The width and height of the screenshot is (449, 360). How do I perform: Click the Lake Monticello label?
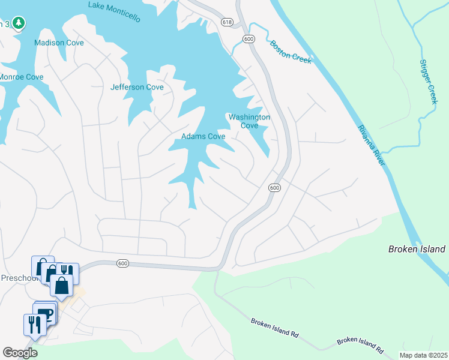click(x=114, y=11)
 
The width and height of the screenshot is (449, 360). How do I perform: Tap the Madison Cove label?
click(x=59, y=43)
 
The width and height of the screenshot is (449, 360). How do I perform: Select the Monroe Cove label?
click(x=21, y=77)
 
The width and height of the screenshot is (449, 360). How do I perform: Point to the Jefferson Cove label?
click(x=137, y=87)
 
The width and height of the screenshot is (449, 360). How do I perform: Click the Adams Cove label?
click(x=203, y=136)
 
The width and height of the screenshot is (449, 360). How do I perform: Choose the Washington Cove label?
click(x=249, y=121)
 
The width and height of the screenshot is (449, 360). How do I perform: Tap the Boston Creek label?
click(x=291, y=51)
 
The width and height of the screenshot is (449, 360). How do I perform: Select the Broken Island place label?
click(x=417, y=249)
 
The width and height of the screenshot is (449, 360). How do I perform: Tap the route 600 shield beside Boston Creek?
click(x=249, y=39)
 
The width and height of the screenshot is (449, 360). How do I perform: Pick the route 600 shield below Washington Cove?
click(x=274, y=188)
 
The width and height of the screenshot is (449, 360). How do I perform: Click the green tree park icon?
click(x=19, y=23)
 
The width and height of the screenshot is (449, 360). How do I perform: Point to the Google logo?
click(x=20, y=353)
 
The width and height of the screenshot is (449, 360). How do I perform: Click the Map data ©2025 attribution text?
click(x=423, y=355)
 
